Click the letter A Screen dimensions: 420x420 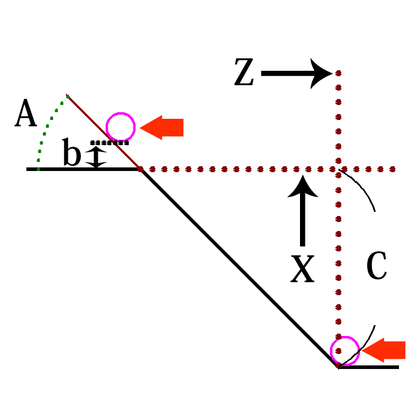(x=26, y=114)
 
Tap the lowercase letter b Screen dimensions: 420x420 (x=71, y=155)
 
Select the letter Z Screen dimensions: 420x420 (x=245, y=74)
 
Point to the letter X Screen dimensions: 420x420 (x=302, y=268)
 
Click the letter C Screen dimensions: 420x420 (x=376, y=267)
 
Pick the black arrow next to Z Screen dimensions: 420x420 (x=296, y=74)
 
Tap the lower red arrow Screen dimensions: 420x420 (x=384, y=350)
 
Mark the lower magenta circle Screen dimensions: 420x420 (x=344, y=351)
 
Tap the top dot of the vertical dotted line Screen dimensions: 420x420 (x=338, y=74)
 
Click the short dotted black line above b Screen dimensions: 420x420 (x=110, y=143)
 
